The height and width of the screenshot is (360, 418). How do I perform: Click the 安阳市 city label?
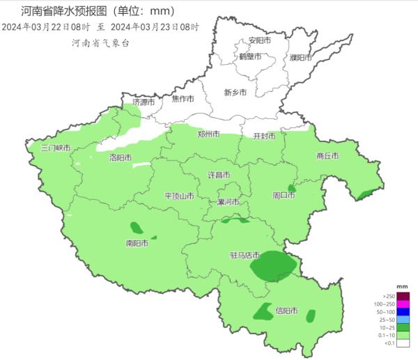tap(259, 41)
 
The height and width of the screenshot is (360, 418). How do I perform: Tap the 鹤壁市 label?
tap(249, 57)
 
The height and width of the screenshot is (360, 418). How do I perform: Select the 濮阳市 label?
tap(301, 58)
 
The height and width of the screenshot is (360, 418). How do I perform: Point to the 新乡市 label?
tap(235, 92)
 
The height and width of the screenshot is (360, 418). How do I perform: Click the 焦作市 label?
tap(183, 99)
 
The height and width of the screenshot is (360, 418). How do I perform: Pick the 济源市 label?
tap(144, 102)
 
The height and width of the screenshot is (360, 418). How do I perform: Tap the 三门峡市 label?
tap(55, 148)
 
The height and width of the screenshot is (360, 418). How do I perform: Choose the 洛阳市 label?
tap(121, 158)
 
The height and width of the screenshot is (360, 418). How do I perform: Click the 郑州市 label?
tap(208, 134)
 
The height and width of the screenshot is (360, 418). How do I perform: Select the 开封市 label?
tap(264, 136)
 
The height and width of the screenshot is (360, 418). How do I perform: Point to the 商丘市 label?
tap(327, 156)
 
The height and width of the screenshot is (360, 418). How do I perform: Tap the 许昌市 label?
tap(219, 174)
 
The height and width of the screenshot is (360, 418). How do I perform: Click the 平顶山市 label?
tap(179, 196)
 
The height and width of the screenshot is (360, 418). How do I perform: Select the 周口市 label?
tap(284, 196)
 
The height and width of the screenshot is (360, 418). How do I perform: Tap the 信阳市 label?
tap(286, 311)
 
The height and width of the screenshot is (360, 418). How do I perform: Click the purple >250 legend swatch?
tap(402, 296)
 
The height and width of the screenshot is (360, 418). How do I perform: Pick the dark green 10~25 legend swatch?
tap(402, 327)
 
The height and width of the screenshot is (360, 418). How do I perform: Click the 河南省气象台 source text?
tap(100, 43)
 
